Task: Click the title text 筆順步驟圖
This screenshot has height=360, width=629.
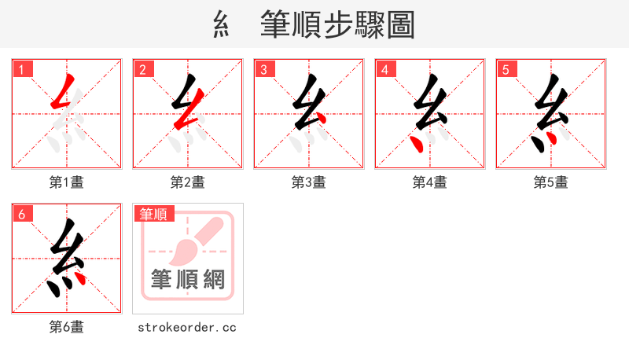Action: point(337,25)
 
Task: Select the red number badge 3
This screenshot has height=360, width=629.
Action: point(265,69)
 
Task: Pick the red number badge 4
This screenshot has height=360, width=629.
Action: point(386,69)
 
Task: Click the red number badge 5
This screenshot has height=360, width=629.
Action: point(507,69)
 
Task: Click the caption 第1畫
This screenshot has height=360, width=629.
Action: point(67,182)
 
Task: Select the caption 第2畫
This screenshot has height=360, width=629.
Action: point(188,182)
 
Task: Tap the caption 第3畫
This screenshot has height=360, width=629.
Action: point(309,182)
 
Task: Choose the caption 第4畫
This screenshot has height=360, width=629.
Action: point(430,182)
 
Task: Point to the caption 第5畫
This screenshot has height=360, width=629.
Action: point(551,182)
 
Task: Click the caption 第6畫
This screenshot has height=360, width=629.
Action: point(67,327)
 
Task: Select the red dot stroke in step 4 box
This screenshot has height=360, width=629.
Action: point(417,144)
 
